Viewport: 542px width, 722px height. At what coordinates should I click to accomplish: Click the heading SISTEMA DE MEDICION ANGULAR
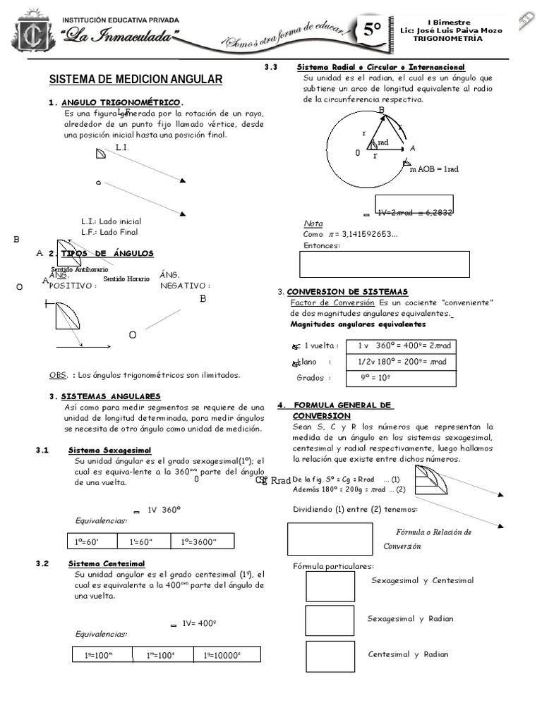pos(135,79)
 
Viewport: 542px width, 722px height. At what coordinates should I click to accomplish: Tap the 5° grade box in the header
pos(374,31)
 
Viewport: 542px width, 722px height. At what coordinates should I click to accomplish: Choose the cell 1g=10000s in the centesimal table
pos(224,655)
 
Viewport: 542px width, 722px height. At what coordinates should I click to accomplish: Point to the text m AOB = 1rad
pos(434,169)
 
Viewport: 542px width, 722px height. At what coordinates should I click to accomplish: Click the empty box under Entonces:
pos(385,264)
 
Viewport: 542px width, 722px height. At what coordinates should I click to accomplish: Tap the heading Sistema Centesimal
pos(107,563)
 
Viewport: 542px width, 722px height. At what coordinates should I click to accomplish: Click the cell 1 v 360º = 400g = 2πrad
pos(404,345)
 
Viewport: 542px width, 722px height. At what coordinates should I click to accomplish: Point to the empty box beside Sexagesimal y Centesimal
pos(330,586)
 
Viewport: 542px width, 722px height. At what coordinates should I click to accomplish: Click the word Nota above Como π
pos(313,223)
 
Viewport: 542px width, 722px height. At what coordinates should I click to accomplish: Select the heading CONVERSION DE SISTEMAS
pos(347,291)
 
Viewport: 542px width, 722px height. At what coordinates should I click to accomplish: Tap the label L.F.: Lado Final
pos(109,231)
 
